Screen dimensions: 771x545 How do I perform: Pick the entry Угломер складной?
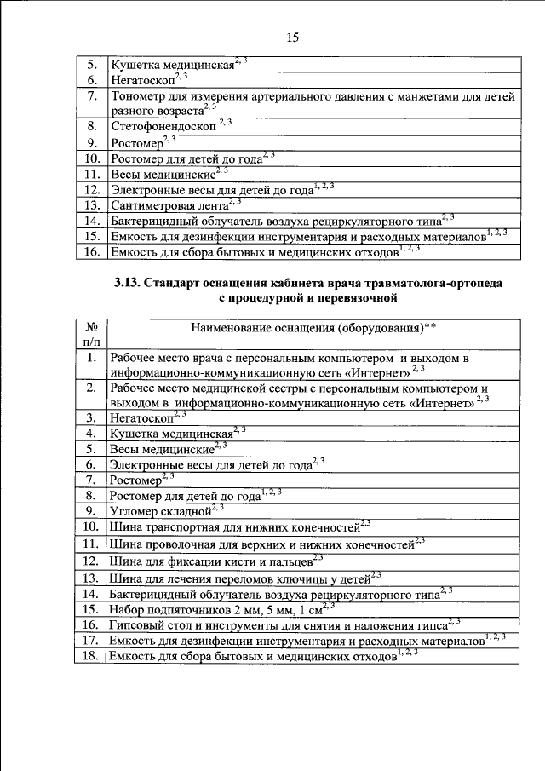159,511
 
